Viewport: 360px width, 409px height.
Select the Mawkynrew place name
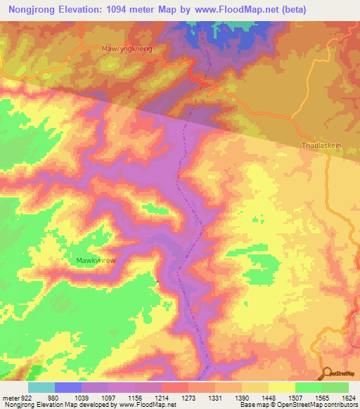[x=96, y=259]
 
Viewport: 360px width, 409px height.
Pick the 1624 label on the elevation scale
[x=348, y=397]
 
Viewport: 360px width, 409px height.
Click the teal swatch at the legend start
[x=41, y=387]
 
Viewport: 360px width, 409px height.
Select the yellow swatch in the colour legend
[x=282, y=387]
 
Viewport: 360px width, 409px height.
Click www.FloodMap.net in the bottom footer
[x=148, y=405]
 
